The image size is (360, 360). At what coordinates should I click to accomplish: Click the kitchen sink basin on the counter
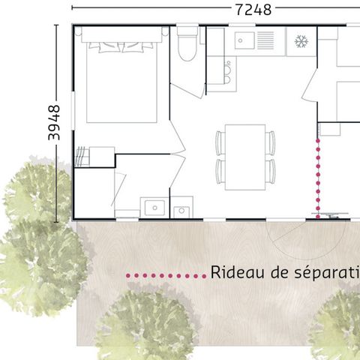point(244,40)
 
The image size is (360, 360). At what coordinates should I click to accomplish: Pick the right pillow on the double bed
point(140,46)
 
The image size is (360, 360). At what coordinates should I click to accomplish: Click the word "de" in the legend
point(275,271)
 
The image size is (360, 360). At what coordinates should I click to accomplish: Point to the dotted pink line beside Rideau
point(165,276)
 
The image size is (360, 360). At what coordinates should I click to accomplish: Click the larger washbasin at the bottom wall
point(154,206)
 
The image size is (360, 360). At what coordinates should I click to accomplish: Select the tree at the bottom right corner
point(337,322)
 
